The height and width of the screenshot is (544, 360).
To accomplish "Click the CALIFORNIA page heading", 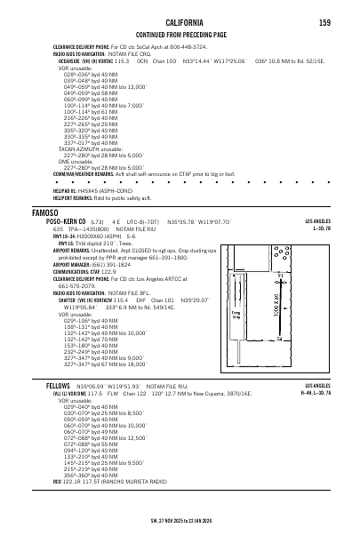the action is [180, 13].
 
